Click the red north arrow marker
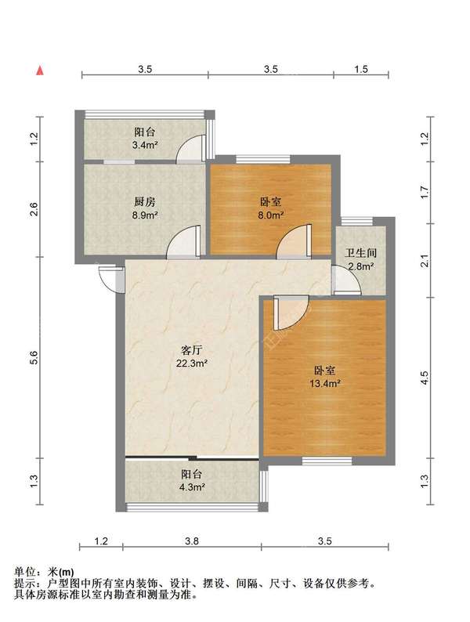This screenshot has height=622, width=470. coord(40,71)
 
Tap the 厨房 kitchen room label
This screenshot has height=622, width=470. coord(144,202)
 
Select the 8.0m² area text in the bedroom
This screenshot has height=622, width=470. coord(271,215)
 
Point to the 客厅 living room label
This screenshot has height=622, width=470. coord(192,350)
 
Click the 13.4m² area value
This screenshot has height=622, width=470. coord(325,384)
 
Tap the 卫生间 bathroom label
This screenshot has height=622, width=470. coord(360,253)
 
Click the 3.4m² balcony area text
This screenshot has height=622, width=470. coord(145,145)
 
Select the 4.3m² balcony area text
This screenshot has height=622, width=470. coord(192,487)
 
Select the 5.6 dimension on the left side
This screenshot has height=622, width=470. coord(34,358)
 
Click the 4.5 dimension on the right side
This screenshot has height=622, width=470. coord(425,378)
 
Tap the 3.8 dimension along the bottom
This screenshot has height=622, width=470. coord(192,541)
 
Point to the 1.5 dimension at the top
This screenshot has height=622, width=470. coord(361,69)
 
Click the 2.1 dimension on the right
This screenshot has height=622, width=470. coord(425,261)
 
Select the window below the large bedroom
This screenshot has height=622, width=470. coord(327,461)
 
